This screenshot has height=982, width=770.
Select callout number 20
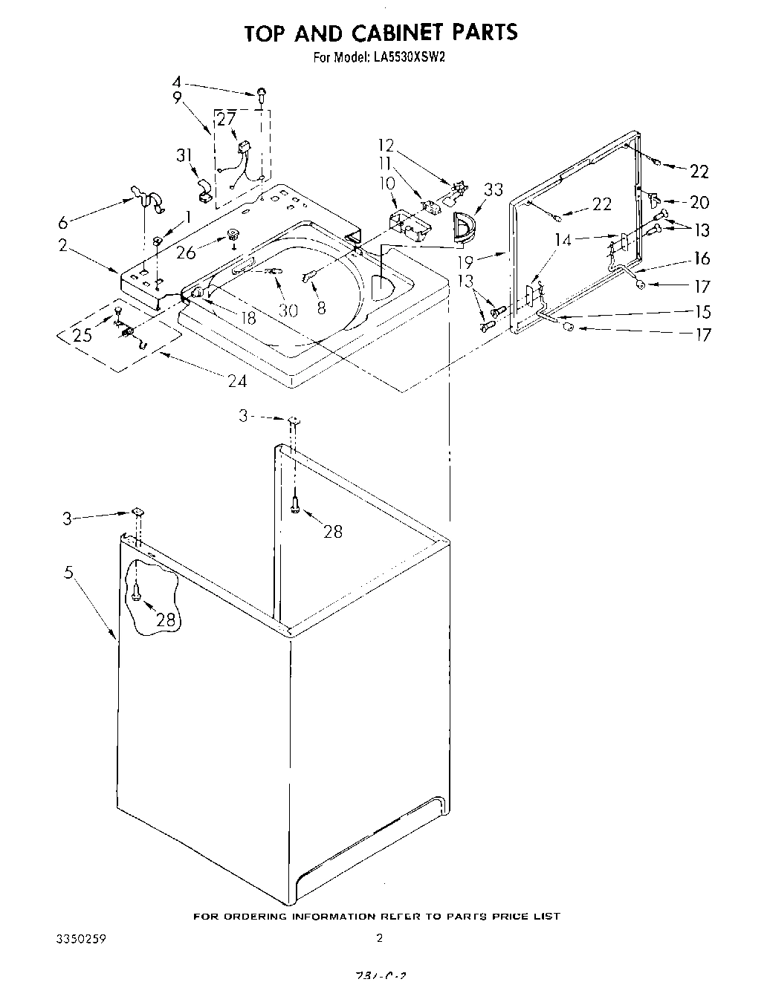pyautogui.click(x=699, y=202)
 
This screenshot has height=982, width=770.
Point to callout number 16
pyautogui.click(x=702, y=258)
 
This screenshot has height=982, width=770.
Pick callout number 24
pyautogui.click(x=237, y=382)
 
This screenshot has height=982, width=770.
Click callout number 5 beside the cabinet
pyautogui.click(x=68, y=573)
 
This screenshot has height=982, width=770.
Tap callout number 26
pyautogui.click(x=187, y=253)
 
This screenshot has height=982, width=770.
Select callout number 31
pyautogui.click(x=184, y=155)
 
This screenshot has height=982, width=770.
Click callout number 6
pyautogui.click(x=63, y=222)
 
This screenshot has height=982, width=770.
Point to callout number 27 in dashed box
pyautogui.click(x=226, y=119)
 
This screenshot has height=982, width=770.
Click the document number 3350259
pyautogui.click(x=81, y=938)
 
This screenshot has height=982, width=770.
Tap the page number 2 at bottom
pyautogui.click(x=379, y=938)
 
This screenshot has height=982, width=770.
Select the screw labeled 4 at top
pyautogui.click(x=262, y=93)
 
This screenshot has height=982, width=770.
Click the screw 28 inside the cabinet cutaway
pyautogui.click(x=137, y=592)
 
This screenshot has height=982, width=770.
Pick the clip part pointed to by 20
pyautogui.click(x=654, y=198)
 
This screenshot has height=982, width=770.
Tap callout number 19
pyautogui.click(x=466, y=262)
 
